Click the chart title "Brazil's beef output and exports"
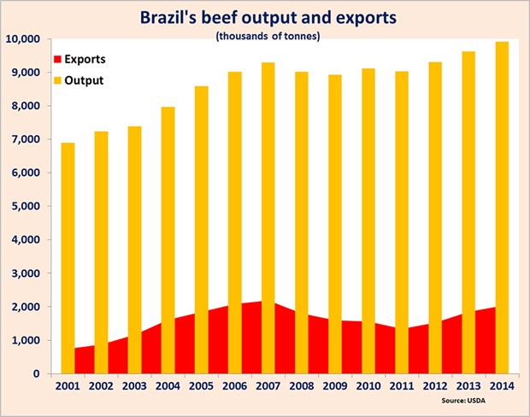pos(264,16)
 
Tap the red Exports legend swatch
pos(58,62)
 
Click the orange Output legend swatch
pos(58,81)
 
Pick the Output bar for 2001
pos(68,256)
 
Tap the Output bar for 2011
pos(402,222)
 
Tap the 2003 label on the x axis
pos(134,387)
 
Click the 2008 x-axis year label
pos(302,387)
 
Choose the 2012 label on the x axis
pos(435,387)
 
